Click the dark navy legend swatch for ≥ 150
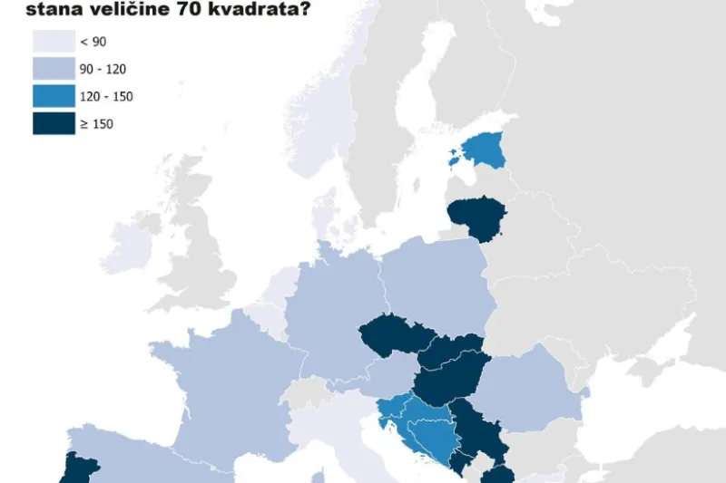point(54,123)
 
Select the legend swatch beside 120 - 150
point(54,96)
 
